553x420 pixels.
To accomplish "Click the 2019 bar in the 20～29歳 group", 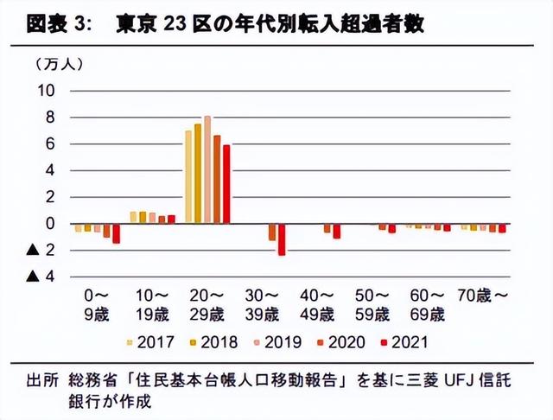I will pos(207,169).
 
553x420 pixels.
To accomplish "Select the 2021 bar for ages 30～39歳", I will pos(282,239).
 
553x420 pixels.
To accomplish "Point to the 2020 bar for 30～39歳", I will pos(272,232).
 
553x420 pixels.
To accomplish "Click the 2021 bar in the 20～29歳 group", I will pos(226,184).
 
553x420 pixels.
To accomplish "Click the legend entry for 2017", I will pos(155,342).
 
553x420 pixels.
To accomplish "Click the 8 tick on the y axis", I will pos(50,117).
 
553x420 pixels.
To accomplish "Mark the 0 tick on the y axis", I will pos(50,224).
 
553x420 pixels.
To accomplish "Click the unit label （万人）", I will pos(60,64).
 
